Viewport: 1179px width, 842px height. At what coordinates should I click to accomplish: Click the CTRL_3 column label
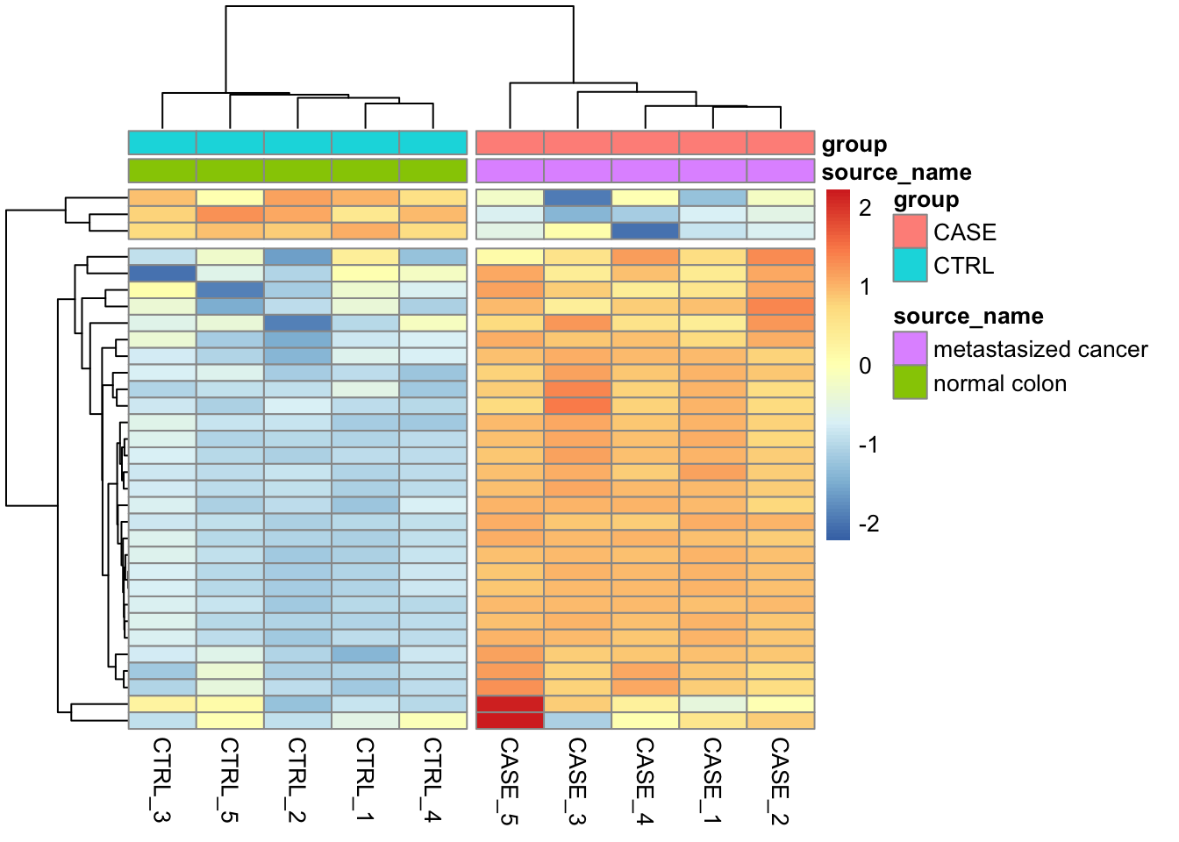pos(161,780)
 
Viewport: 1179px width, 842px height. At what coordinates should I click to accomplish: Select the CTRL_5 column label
pos(229,780)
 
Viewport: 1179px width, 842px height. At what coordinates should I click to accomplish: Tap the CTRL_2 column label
pos(297,780)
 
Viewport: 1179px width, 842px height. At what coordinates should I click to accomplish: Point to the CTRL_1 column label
pos(365,780)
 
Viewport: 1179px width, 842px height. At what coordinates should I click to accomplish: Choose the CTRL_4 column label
pos(432,780)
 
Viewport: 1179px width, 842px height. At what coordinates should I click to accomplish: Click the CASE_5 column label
pos(510,781)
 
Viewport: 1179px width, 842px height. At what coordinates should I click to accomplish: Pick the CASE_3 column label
pos(577,781)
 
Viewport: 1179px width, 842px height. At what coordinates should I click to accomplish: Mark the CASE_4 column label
pos(645,781)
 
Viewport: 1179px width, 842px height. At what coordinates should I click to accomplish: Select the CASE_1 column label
pos(712,781)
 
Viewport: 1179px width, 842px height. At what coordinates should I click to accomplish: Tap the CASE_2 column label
pos(780,781)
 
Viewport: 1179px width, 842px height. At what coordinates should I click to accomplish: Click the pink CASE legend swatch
pos(910,232)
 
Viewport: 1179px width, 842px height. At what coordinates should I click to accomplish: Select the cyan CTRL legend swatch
pos(910,265)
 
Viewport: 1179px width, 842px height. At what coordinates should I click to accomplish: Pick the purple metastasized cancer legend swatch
pos(910,349)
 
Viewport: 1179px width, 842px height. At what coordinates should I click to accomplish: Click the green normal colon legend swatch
pos(910,382)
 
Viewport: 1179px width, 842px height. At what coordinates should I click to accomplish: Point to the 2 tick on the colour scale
pos(866,208)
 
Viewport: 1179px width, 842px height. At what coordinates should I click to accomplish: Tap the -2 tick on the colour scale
pos(868,524)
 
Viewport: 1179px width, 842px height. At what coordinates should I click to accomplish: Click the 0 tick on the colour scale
pos(866,366)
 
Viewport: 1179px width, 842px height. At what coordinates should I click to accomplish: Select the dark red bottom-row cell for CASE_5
pos(510,721)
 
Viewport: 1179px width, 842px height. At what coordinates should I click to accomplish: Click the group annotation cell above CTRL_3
pos(162,142)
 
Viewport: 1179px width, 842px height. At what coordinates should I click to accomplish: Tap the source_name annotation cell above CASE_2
pos(780,170)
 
